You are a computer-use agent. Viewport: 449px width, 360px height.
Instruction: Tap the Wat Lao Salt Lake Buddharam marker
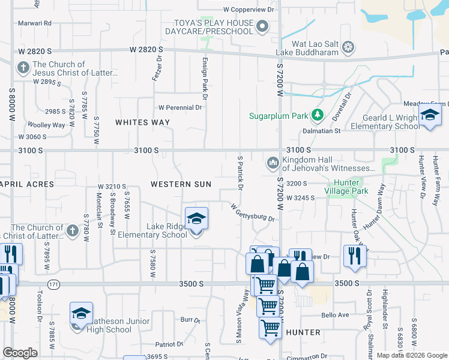tap(348, 47)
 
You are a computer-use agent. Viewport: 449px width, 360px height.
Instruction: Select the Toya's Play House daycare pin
tap(262, 26)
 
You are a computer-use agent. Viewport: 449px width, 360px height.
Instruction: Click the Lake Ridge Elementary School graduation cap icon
tap(196, 220)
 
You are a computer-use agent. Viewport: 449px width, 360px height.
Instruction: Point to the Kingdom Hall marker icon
tap(273, 163)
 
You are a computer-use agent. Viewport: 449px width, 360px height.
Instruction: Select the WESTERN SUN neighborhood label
tap(181, 184)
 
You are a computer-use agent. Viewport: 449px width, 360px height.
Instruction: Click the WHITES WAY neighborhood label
tap(142, 122)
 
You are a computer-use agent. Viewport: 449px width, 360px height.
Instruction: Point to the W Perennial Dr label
tap(180, 107)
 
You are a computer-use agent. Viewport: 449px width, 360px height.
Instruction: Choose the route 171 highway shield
tap(55, 284)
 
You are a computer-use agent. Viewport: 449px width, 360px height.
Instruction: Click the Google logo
tap(20, 353)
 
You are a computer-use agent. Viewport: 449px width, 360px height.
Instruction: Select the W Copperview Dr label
tap(249, 10)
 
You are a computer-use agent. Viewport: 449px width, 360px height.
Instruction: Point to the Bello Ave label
tap(335, 315)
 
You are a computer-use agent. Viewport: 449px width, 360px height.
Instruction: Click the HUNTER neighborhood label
tap(303, 332)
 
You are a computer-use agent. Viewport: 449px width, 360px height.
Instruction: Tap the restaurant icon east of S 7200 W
tap(355, 256)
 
